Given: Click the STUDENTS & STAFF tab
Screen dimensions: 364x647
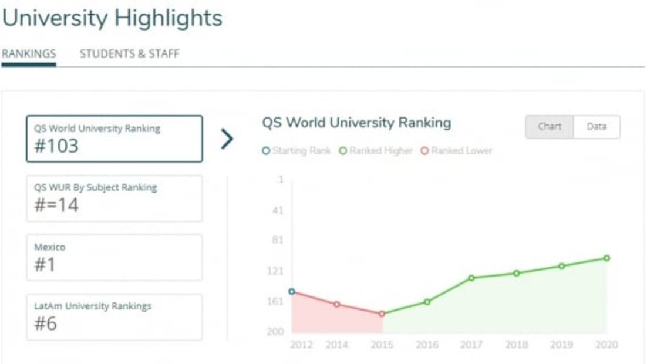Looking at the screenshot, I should (x=129, y=54).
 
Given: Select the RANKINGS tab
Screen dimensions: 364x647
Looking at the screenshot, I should (x=29, y=54).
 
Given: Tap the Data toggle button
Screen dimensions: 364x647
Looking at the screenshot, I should (x=597, y=127).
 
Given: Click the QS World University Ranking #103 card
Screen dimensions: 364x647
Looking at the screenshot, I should (x=114, y=139).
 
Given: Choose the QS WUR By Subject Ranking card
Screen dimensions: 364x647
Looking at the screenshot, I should (x=114, y=198).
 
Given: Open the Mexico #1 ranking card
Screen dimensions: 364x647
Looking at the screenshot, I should (x=114, y=258).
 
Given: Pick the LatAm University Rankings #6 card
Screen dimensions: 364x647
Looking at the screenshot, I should (x=114, y=317).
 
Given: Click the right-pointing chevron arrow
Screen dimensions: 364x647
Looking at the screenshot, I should (x=227, y=139).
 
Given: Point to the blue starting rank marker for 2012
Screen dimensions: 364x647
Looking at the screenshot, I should (x=292, y=291).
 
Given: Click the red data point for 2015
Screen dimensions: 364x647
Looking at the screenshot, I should (x=382, y=314).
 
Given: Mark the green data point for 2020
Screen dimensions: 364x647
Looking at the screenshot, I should (x=606, y=258).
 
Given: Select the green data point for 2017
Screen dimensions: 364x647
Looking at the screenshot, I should (x=471, y=278).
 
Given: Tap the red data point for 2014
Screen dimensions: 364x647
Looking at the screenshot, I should (x=337, y=304).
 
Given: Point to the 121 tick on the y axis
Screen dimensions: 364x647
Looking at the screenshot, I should (x=275, y=271).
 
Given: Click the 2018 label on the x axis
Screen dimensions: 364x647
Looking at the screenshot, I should (x=517, y=345).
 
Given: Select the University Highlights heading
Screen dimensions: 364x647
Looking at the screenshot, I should (x=113, y=18).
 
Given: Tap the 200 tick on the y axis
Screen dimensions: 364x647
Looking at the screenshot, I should (x=275, y=332).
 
